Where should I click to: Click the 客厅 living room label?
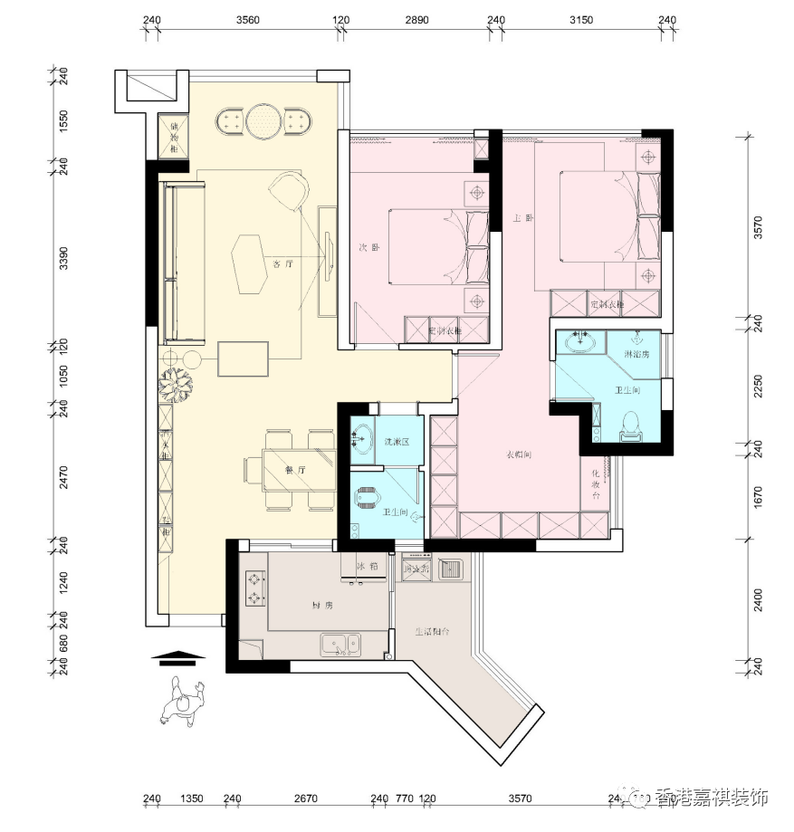(281, 264)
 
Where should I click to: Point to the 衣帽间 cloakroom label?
(517, 454)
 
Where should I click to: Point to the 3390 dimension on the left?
(63, 260)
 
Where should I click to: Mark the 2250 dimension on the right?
(759, 387)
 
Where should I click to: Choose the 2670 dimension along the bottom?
(305, 799)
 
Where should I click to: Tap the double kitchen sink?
(340, 645)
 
